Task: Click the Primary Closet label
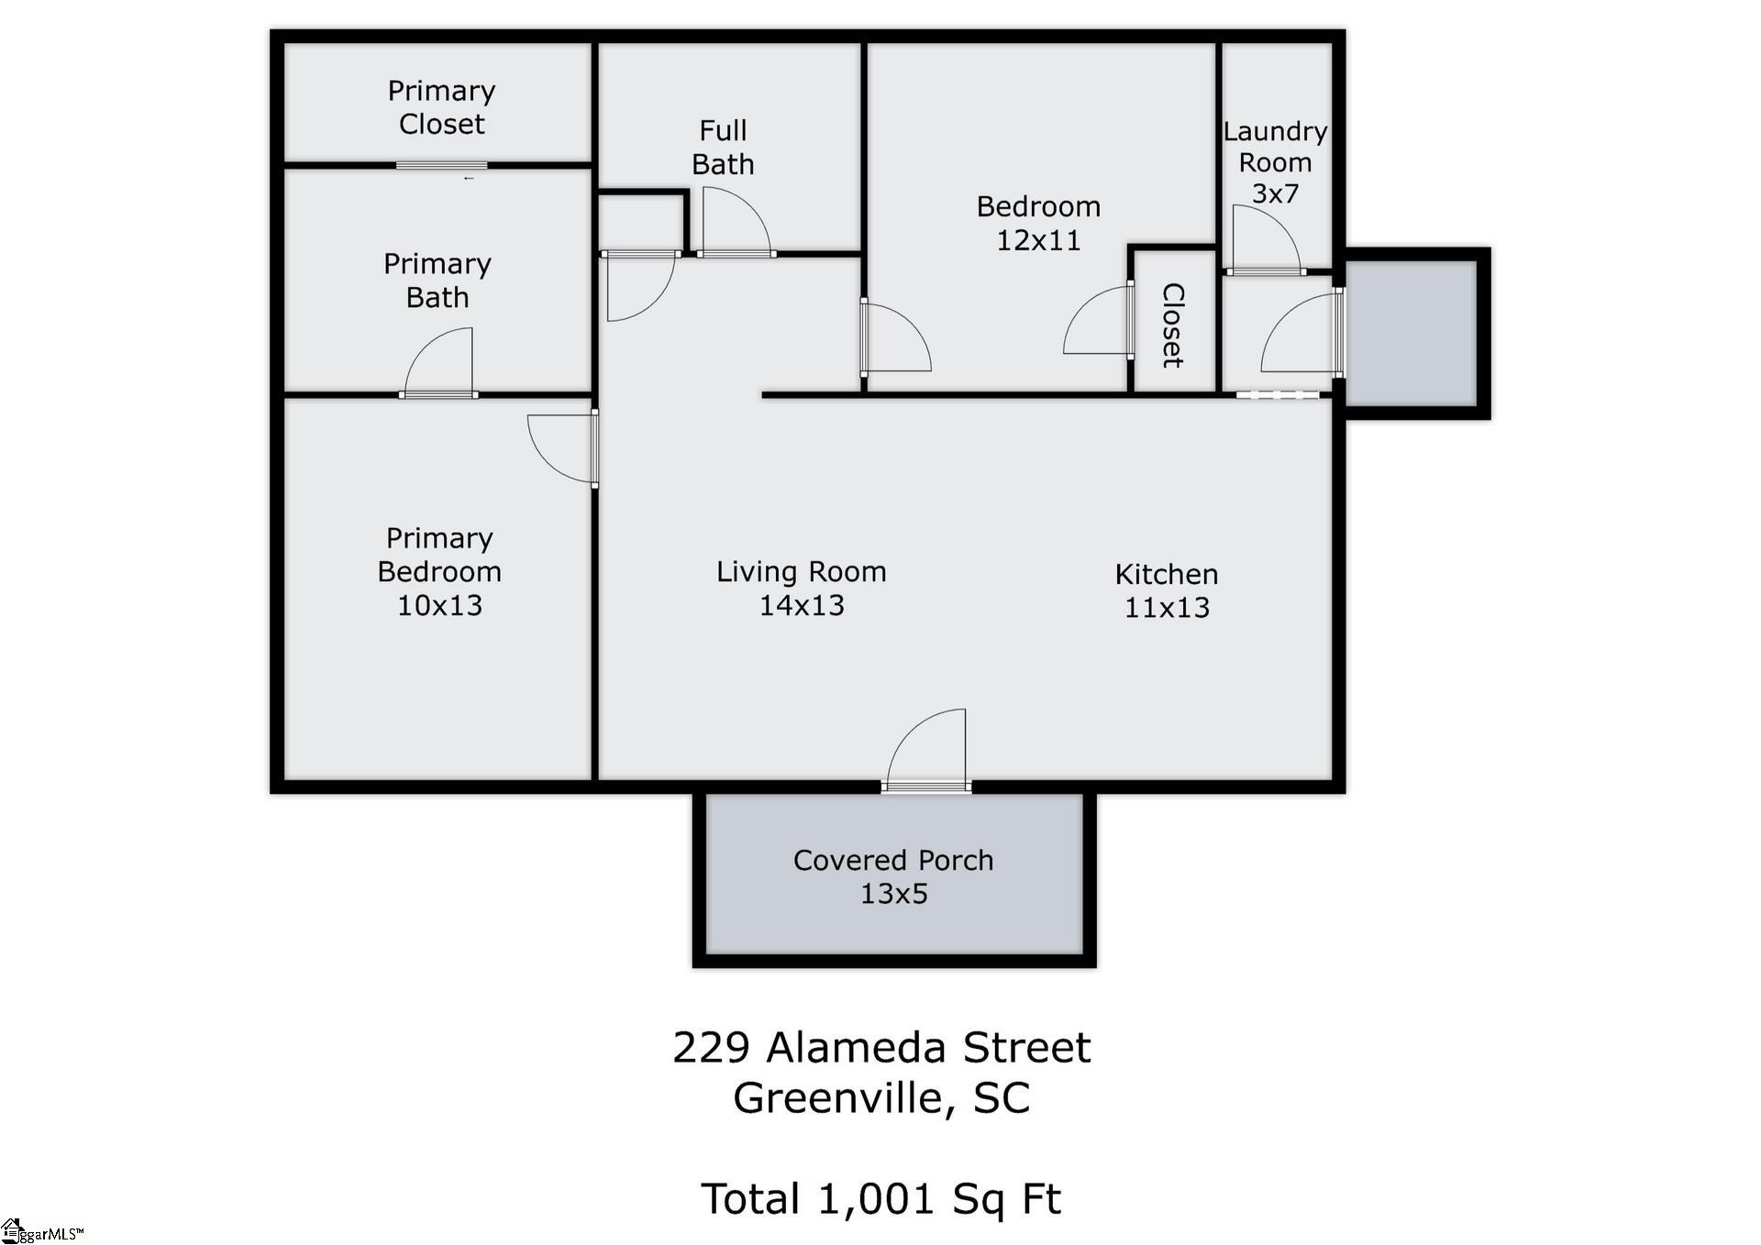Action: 441,107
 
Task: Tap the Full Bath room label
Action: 723,148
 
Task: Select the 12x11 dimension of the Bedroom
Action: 1038,240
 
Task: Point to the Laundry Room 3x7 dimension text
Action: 1275,193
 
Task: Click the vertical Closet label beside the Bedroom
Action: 1172,325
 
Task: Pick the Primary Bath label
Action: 437,281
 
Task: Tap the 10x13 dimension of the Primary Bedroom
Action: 439,605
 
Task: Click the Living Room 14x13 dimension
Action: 802,605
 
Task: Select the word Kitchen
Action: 1167,574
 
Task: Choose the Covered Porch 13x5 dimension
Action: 894,894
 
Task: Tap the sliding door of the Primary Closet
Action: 441,165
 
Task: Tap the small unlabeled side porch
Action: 1411,334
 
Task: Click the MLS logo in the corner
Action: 41,1231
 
